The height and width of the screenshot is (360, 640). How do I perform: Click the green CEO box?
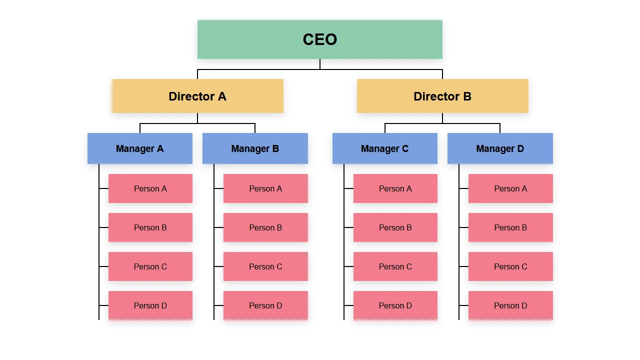320,39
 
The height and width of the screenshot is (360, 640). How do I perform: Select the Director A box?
197,96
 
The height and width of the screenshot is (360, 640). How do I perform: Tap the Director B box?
442,96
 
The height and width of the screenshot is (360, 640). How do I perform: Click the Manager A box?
140,148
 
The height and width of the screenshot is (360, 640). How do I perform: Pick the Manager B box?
255,148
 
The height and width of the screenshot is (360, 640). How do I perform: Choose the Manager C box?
385,148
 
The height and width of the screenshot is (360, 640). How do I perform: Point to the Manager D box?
500,148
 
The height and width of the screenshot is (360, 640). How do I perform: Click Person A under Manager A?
150,188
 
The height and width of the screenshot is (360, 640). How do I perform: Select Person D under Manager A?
150,305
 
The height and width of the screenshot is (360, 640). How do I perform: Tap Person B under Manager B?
265,227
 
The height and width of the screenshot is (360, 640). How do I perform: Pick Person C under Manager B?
265,266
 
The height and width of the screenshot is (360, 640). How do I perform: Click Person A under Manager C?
395,188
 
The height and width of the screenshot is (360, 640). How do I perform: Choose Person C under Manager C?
395,266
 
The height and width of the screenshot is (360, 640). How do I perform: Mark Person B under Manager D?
510,227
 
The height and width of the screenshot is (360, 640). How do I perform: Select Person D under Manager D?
510,305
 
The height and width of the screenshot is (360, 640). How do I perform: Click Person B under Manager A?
150,227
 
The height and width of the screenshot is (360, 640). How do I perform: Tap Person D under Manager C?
395,305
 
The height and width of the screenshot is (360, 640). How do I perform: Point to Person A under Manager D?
510,188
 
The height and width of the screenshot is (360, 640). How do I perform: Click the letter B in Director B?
467,96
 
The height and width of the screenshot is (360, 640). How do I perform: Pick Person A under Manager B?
265,188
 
